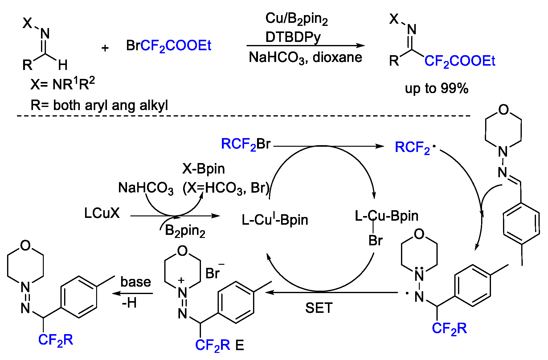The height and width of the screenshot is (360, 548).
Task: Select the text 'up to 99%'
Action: [436, 89]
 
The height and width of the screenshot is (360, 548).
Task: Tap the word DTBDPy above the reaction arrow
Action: [293, 37]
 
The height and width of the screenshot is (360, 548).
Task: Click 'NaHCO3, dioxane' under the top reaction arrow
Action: [305, 58]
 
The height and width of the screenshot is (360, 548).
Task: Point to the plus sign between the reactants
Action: [105, 48]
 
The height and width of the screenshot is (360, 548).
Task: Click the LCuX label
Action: [102, 213]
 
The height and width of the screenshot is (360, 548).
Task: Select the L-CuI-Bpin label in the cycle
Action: [275, 220]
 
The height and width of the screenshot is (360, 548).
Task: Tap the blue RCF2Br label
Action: [246, 144]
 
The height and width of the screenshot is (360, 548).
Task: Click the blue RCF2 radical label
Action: [413, 148]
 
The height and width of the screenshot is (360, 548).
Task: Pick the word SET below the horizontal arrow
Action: [319, 308]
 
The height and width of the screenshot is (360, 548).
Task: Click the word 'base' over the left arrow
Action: [136, 282]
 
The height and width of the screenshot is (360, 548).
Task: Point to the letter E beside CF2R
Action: [240, 345]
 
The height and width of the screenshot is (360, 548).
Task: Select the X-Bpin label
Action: [203, 169]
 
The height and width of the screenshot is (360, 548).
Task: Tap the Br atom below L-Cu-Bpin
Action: [375, 241]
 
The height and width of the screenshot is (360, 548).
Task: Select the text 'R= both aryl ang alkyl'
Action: [99, 105]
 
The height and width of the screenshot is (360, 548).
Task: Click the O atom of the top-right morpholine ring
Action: [503, 110]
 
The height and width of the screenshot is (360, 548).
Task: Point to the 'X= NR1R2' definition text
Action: [63, 84]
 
